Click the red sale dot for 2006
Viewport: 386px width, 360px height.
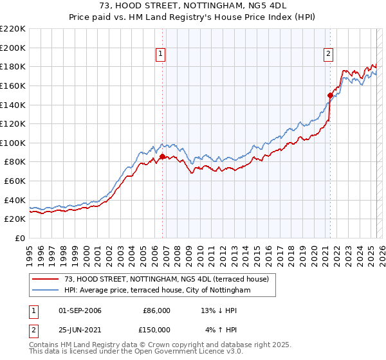click(x=162, y=156)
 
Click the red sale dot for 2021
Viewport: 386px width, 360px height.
click(x=330, y=95)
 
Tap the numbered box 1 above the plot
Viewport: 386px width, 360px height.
click(x=160, y=54)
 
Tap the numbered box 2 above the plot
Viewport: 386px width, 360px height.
click(x=328, y=54)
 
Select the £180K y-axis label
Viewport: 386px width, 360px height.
click(x=14, y=66)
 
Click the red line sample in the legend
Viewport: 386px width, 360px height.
click(x=46, y=279)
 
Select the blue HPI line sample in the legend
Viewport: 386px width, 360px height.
click(x=46, y=291)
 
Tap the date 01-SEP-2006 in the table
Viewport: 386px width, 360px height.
click(x=80, y=310)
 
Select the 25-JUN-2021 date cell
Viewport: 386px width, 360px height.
click(x=80, y=329)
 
